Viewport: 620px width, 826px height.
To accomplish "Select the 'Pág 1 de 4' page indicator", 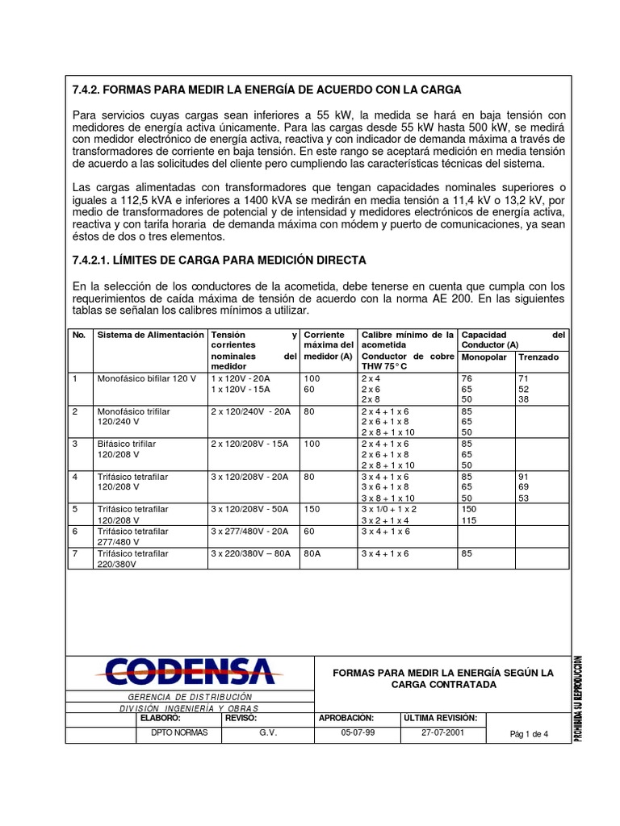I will (529, 734).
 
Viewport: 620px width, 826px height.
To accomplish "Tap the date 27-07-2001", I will (442, 733).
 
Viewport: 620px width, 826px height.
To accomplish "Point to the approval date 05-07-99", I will (358, 733).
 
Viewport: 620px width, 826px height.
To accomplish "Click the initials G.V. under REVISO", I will (268, 733).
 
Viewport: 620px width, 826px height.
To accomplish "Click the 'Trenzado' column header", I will (538, 357).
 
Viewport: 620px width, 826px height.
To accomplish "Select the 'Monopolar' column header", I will (485, 357).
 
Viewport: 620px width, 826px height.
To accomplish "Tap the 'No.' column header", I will (79, 334).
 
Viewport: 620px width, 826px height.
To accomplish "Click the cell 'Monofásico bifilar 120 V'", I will (147, 378).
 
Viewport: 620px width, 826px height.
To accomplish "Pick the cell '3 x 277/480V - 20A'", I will (249, 532).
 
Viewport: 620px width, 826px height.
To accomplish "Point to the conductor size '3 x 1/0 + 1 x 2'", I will (389, 510).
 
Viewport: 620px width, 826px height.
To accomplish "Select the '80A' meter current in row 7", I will (314, 553).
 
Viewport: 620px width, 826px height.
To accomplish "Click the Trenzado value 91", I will (523, 477).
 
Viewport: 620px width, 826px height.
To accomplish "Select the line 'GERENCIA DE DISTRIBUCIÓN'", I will (191, 696).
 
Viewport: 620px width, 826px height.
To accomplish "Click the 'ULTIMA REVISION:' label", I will (440, 717).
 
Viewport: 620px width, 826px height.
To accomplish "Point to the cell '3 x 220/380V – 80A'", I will (250, 553).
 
